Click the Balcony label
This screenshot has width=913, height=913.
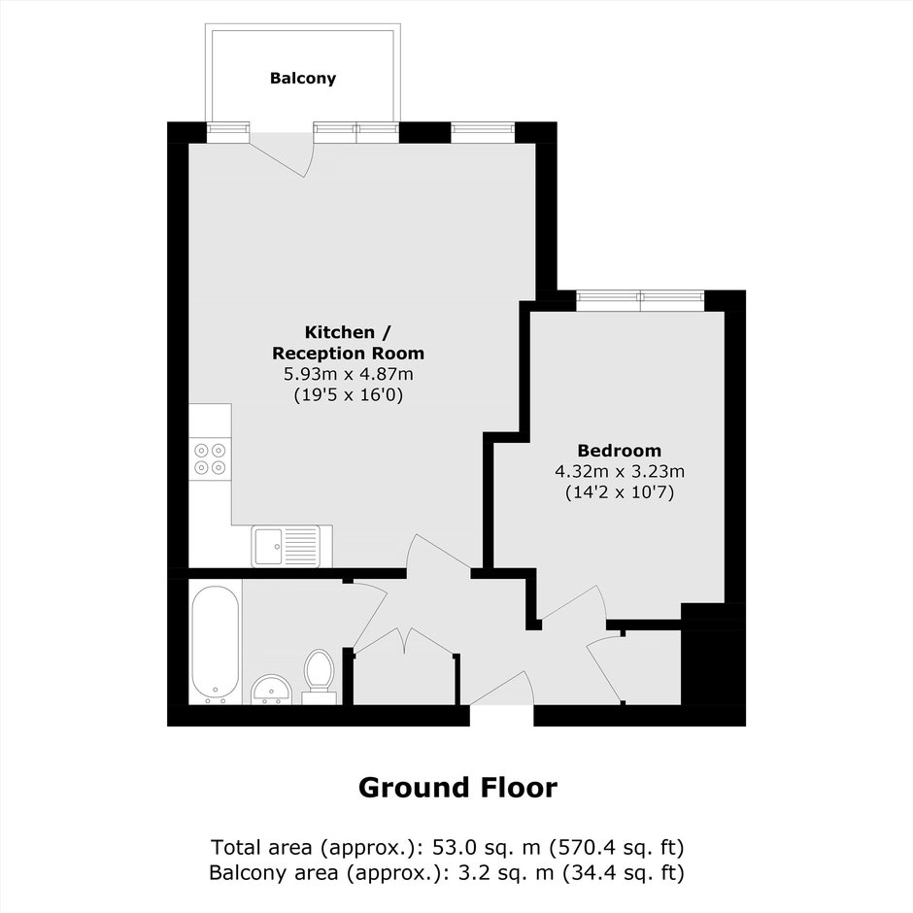(303, 78)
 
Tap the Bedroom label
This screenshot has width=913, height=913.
(619, 450)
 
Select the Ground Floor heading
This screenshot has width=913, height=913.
(457, 788)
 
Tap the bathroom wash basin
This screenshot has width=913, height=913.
(271, 690)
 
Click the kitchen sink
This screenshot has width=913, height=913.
(286, 546)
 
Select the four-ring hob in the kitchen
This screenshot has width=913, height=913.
(210, 458)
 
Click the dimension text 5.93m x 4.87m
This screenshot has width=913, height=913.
(348, 374)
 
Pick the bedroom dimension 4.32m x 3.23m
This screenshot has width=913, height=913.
(620, 471)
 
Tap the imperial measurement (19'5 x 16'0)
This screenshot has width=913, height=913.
(348, 395)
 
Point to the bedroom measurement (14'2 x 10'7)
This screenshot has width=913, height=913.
(620, 492)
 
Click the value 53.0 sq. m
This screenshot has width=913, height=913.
(486, 847)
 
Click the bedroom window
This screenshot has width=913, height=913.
(640, 300)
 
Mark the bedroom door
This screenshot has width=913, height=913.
(572, 603)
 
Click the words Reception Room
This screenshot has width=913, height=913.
(348, 354)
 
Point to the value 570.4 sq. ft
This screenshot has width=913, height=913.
(617, 847)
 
